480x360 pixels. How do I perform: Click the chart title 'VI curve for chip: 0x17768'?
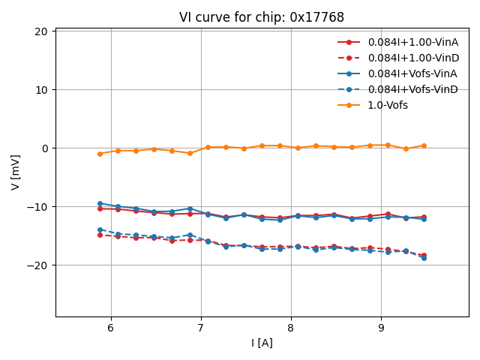pyautogui.click(x=262, y=17)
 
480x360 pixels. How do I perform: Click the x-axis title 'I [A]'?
pyautogui.click(x=262, y=343)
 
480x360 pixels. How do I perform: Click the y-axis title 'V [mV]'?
pyautogui.click(x=16, y=172)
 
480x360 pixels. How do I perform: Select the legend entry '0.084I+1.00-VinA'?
pyautogui.click(x=413, y=42)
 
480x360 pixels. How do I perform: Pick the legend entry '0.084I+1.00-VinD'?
pyautogui.click(x=413, y=58)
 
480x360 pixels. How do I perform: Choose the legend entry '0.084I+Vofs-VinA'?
pyautogui.click(x=412, y=73)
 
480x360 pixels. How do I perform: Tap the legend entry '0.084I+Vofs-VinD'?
pyautogui.click(x=412, y=89)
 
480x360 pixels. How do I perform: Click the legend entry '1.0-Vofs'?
pyautogui.click(x=388, y=105)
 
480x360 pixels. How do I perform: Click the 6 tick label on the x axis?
pyautogui.click(x=111, y=328)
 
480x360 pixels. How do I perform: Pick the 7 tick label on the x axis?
pyautogui.click(x=201, y=328)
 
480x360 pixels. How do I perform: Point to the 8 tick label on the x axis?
pyautogui.click(x=291, y=328)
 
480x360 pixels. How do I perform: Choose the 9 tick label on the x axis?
pyautogui.click(x=381, y=328)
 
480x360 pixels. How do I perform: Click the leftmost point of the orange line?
pyautogui.click(x=100, y=154)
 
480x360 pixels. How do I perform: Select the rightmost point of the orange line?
pyautogui.click(x=424, y=145)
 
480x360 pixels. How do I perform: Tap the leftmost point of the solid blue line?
pyautogui.click(x=100, y=203)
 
